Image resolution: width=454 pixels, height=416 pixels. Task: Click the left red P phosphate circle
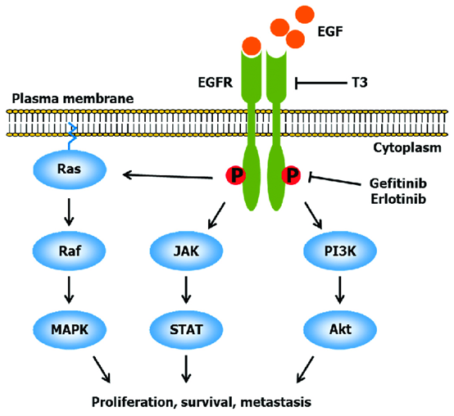(238, 175)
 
